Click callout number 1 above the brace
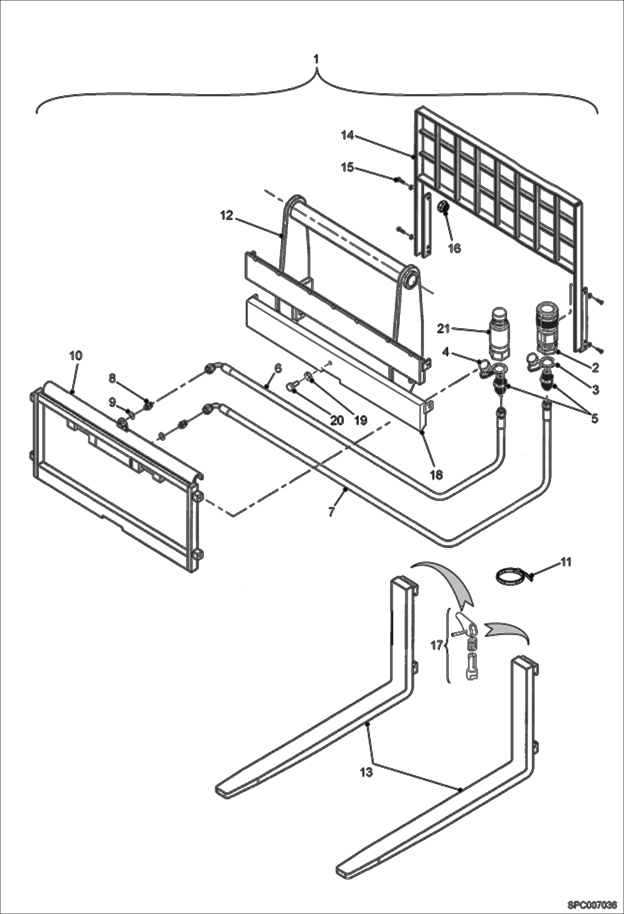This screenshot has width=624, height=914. pos(316,59)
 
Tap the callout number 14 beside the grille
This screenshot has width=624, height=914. pos(347,135)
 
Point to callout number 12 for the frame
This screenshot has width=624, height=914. pos(227,217)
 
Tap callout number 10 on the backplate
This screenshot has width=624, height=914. pos(76,355)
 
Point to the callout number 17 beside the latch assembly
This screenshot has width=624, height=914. pos(437,646)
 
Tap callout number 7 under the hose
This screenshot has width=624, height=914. pos(331,511)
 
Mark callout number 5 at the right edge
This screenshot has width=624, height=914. pos(594,418)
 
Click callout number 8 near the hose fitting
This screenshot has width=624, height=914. pos(112,378)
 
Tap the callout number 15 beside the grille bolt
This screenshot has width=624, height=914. pos(347,167)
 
